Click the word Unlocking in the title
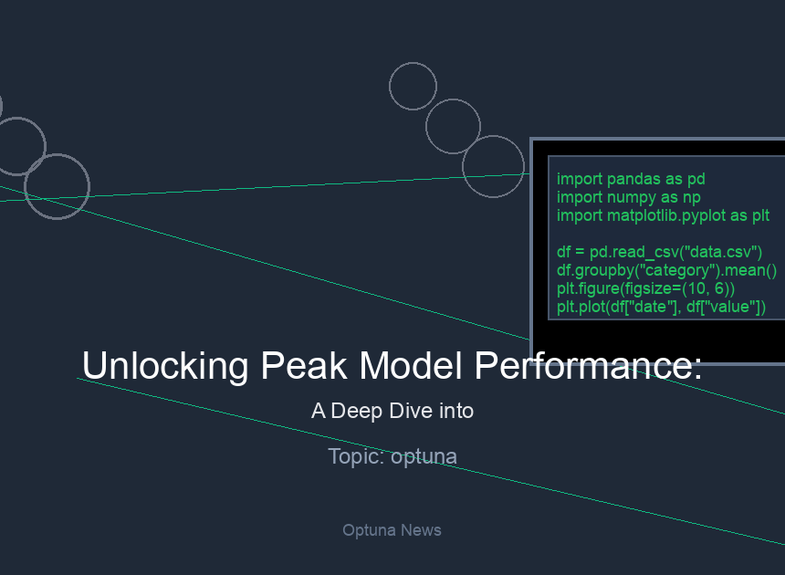[x=165, y=366]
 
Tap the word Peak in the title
[x=304, y=365]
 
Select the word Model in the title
[x=411, y=365]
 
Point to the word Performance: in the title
[x=588, y=366]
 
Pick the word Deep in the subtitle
[x=357, y=412]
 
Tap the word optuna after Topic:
[x=424, y=457]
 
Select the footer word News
[x=421, y=530]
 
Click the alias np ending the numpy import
[x=691, y=198]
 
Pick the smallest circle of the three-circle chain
[x=390, y=86]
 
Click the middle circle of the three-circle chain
[x=426, y=127]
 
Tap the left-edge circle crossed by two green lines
[x=25, y=187]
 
